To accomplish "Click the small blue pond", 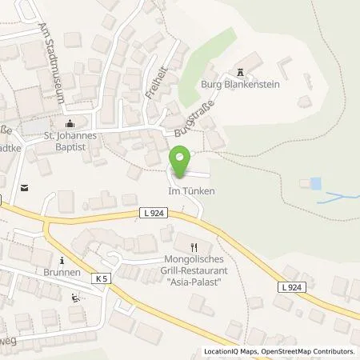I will (x=315, y=184).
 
